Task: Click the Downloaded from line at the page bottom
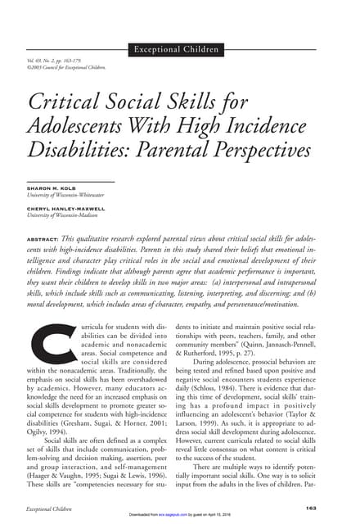coord(180,517)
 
